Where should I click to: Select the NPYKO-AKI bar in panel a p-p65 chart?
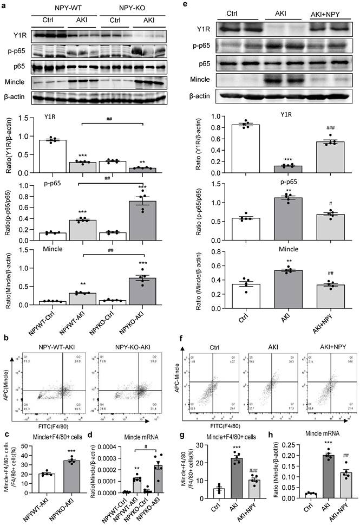[141, 218]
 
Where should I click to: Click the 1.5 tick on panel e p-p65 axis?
[213, 183]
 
